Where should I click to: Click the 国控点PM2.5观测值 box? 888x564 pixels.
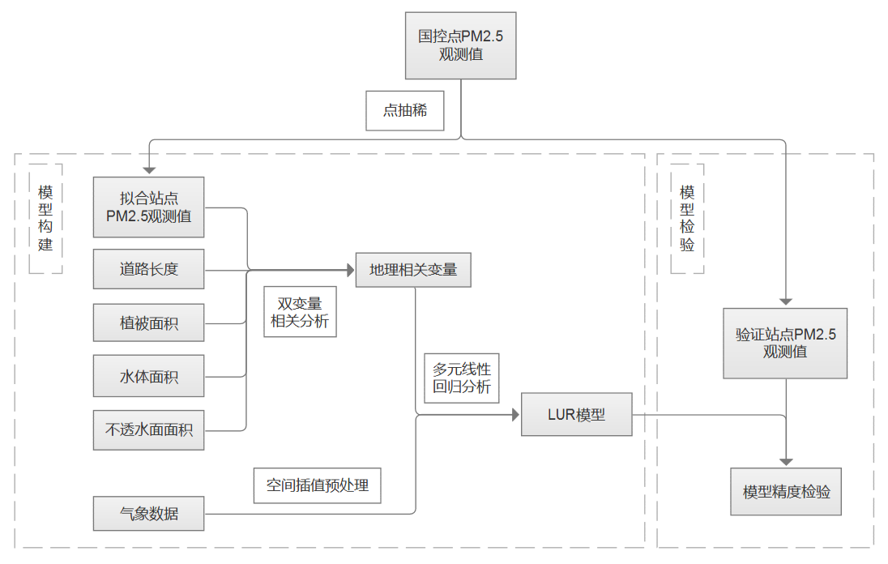pyautogui.click(x=460, y=46)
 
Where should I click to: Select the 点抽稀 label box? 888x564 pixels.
pyautogui.click(x=405, y=110)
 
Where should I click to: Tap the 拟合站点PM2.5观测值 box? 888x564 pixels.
pyautogui.click(x=148, y=207)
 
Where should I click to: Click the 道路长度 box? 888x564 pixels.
pyautogui.click(x=148, y=269)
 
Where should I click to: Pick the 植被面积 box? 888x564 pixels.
pyautogui.click(x=148, y=323)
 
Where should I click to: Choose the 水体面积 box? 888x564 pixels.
pyautogui.click(x=148, y=376)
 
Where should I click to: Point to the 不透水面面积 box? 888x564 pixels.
pyautogui.click(x=148, y=429)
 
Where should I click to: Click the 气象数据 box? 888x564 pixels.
pyautogui.click(x=148, y=514)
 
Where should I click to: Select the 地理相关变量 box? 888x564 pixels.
pyautogui.click(x=413, y=270)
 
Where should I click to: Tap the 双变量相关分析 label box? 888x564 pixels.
pyautogui.click(x=300, y=312)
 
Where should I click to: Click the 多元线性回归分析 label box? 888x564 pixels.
pyautogui.click(x=462, y=377)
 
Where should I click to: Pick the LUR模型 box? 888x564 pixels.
pyautogui.click(x=576, y=415)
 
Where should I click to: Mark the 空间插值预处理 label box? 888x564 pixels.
pyautogui.click(x=317, y=485)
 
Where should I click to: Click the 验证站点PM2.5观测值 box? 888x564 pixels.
pyautogui.click(x=785, y=343)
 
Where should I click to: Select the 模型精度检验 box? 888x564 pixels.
pyautogui.click(x=786, y=491)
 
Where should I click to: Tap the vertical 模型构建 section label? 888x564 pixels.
pyautogui.click(x=45, y=219)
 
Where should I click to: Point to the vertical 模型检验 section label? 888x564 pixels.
pyautogui.click(x=687, y=219)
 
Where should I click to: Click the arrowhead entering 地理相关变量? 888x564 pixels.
pyautogui.click(x=350, y=270)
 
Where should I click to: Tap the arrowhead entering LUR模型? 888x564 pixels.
pyautogui.click(x=514, y=415)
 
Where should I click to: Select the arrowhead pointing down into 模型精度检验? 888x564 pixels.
pyautogui.click(x=786, y=461)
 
